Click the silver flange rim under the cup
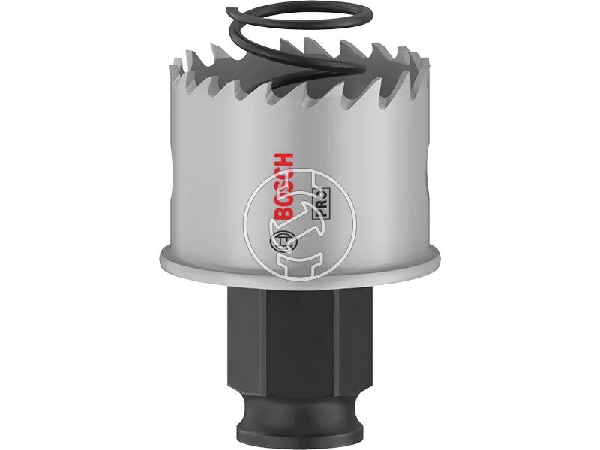point(299,264)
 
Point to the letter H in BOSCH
point(285,160)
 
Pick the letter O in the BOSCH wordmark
point(285,203)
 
